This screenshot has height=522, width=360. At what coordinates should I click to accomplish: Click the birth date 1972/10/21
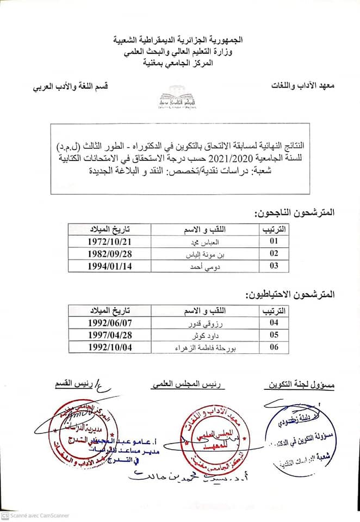click(x=110, y=241)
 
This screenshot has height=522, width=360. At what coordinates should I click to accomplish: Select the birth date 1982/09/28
click(x=110, y=253)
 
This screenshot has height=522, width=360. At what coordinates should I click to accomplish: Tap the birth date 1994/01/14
click(x=110, y=265)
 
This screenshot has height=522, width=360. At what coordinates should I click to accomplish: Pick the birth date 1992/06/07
click(x=110, y=322)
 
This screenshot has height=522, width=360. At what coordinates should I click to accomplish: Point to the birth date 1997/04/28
click(x=110, y=335)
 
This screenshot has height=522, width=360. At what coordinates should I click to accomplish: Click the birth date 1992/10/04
click(x=110, y=347)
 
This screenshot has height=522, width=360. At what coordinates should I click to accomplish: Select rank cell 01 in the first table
click(x=274, y=241)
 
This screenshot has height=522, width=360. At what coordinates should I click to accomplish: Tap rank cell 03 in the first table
click(x=274, y=265)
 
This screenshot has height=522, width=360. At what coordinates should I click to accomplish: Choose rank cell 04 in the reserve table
click(x=274, y=322)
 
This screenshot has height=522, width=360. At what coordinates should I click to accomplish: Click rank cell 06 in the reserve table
click(x=274, y=347)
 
